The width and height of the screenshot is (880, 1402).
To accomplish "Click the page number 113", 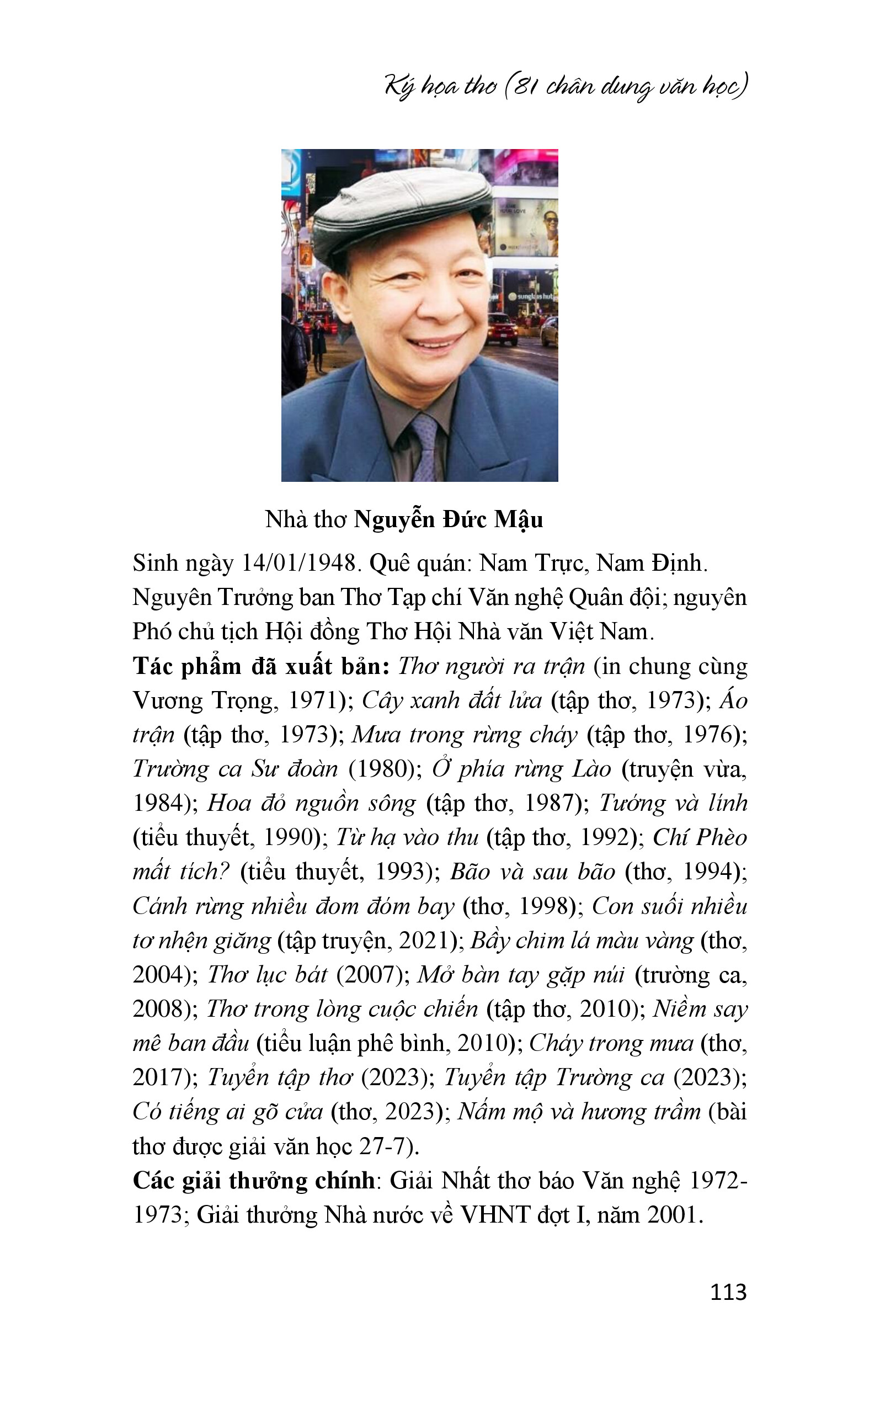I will (x=728, y=1292).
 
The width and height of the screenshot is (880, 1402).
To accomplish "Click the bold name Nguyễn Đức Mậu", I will (x=448, y=519).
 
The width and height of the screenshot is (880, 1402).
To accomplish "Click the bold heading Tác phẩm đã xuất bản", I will (x=261, y=666).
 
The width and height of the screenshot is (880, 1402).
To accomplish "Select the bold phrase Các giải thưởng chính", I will (x=253, y=1181).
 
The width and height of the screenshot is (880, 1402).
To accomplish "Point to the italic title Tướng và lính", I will (x=673, y=803).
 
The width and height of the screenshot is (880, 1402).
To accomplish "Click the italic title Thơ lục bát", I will (x=268, y=975).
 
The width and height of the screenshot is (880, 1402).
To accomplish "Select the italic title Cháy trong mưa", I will (x=611, y=1043).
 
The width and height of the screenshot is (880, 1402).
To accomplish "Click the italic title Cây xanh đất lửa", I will (x=452, y=700).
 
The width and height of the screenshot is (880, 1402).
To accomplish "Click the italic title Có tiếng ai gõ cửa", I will (x=227, y=1112).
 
